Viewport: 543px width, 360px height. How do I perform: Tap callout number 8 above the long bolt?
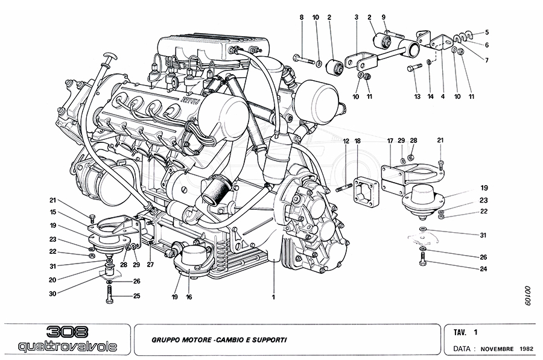click(301, 19)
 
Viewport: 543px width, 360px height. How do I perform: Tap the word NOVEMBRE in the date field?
click(498, 349)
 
